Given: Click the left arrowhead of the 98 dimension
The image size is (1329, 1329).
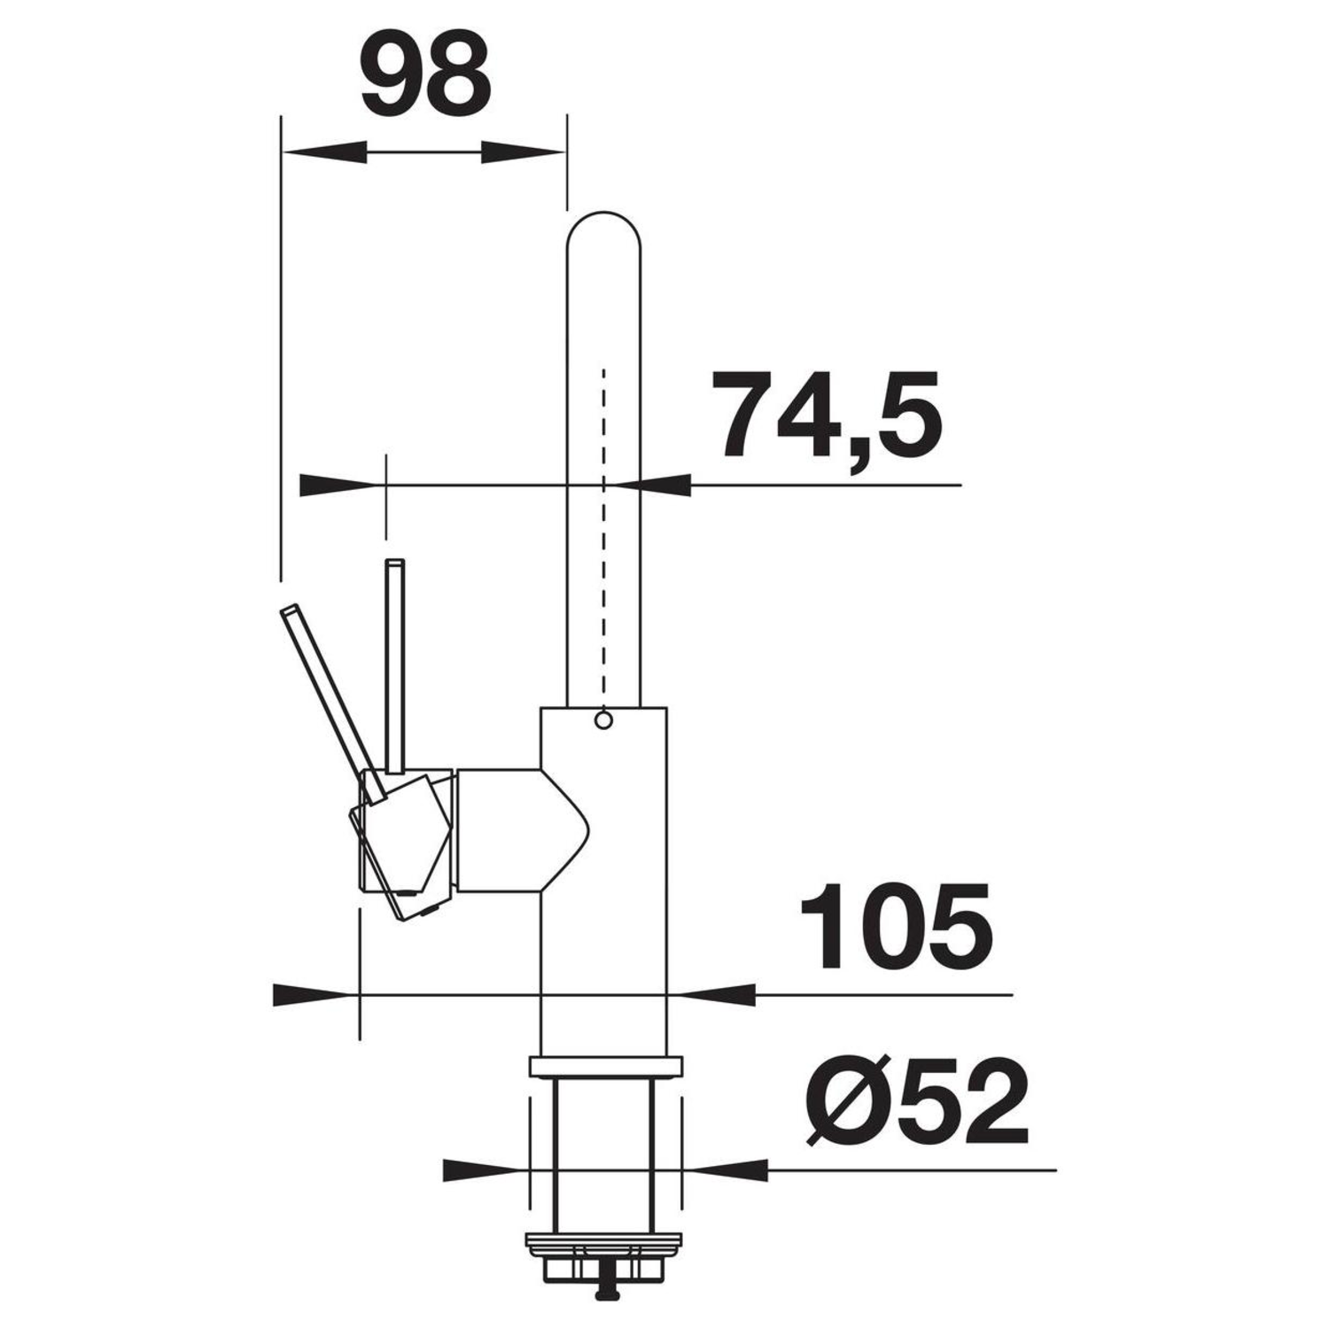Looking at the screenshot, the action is (323, 152).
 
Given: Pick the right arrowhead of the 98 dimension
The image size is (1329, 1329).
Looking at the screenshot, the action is (523, 152).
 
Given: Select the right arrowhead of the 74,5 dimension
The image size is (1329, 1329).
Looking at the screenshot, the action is (649, 485).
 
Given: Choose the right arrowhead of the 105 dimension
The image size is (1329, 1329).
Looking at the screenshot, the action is (711, 994).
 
